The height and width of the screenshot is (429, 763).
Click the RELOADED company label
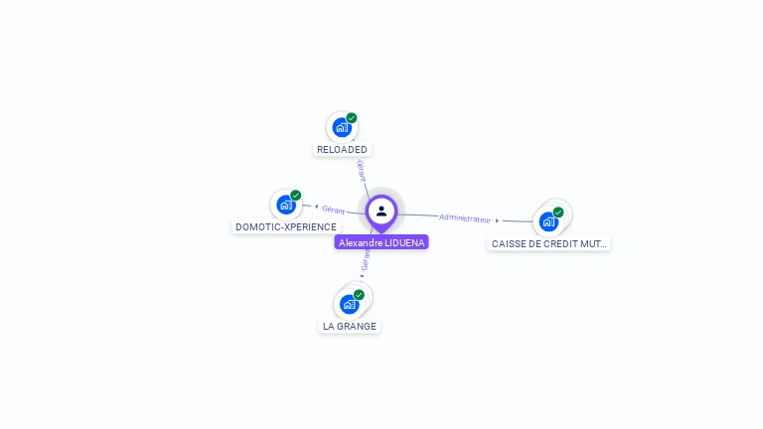342,150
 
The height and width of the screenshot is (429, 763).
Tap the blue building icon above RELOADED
342,127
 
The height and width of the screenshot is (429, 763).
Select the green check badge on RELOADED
352,118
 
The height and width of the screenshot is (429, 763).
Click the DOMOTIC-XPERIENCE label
286,227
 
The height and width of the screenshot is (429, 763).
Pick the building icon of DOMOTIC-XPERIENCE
286,205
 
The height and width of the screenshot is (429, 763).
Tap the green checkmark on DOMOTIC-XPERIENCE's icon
296,196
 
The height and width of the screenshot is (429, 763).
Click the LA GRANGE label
350,326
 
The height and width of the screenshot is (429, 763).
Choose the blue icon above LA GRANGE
349,304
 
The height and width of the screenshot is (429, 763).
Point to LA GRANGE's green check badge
359,295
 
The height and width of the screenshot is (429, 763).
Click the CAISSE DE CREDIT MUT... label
548,243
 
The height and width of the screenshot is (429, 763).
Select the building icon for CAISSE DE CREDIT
548,221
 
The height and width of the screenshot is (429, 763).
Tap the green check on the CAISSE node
558,213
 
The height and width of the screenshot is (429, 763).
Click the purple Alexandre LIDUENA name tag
381,242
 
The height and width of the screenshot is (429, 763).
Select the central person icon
381,211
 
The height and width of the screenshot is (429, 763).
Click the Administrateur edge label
465,217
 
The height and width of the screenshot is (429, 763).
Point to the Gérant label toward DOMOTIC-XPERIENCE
334,210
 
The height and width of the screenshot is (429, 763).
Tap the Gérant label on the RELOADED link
362,170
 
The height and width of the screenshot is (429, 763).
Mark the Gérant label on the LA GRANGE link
366,260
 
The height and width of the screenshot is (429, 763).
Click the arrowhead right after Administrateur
498,220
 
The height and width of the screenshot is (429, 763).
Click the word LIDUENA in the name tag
403,242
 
